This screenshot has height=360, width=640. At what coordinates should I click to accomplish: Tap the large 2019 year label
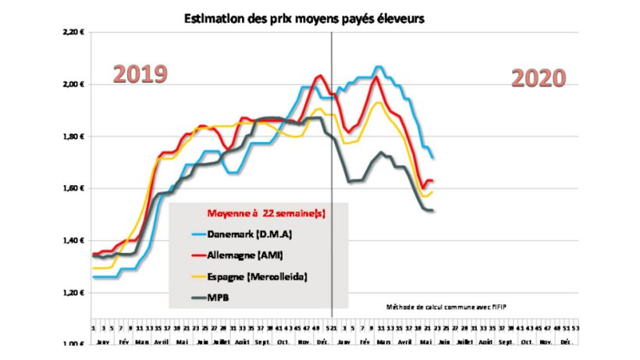click(x=140, y=74)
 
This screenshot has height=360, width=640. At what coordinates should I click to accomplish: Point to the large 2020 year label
click(x=539, y=78)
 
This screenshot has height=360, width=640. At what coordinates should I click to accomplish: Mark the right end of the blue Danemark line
click(x=432, y=159)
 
